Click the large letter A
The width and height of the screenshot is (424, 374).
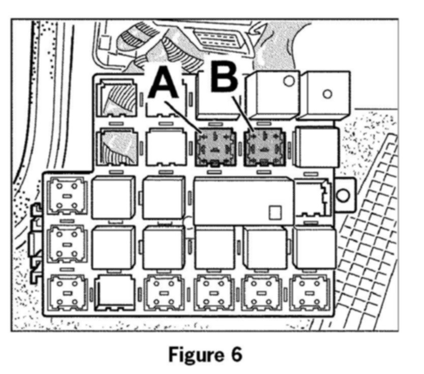(164, 84)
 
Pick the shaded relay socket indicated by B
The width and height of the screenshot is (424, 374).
(264, 147)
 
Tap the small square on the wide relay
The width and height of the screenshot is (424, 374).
(275, 212)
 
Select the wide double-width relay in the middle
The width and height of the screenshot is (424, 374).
(244, 201)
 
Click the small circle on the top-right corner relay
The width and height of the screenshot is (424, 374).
(328, 94)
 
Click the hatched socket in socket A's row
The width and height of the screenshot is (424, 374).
(118, 147)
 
